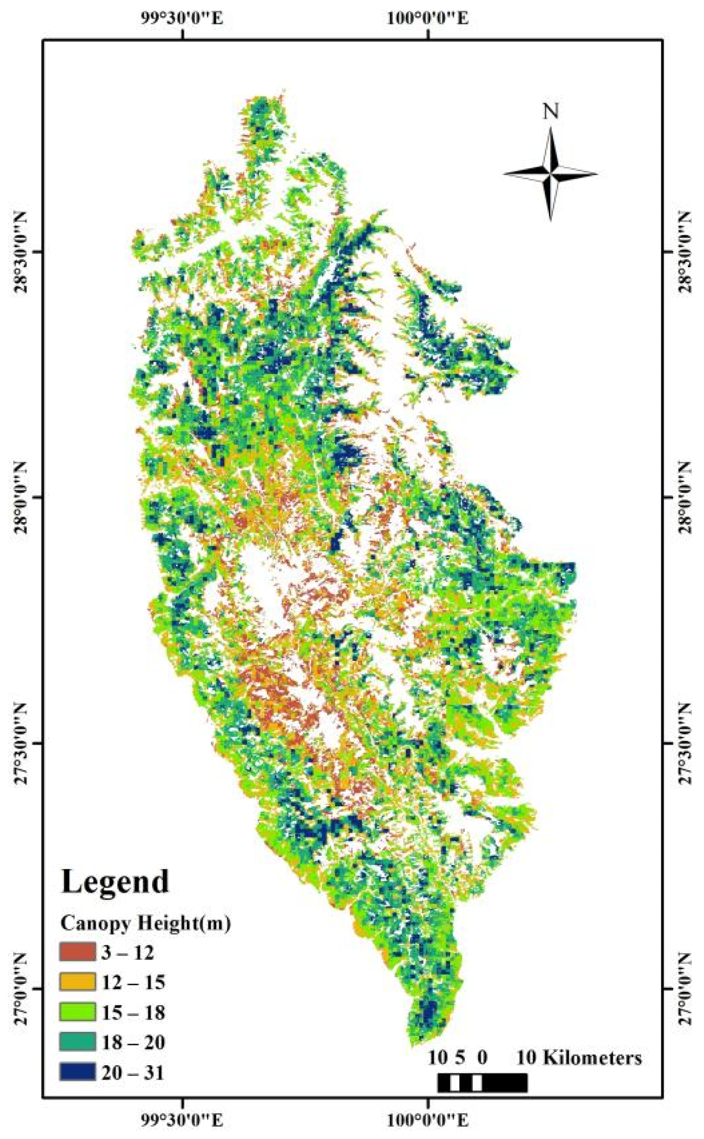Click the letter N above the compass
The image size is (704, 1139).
[551, 112]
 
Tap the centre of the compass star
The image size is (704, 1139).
[551, 173]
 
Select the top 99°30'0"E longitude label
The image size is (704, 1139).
[182, 19]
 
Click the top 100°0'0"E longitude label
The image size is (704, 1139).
[428, 19]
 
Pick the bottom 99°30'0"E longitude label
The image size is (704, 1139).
[182, 1120]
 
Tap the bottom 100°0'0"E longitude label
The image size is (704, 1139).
[428, 1120]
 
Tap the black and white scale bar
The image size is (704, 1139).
[482, 1083]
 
